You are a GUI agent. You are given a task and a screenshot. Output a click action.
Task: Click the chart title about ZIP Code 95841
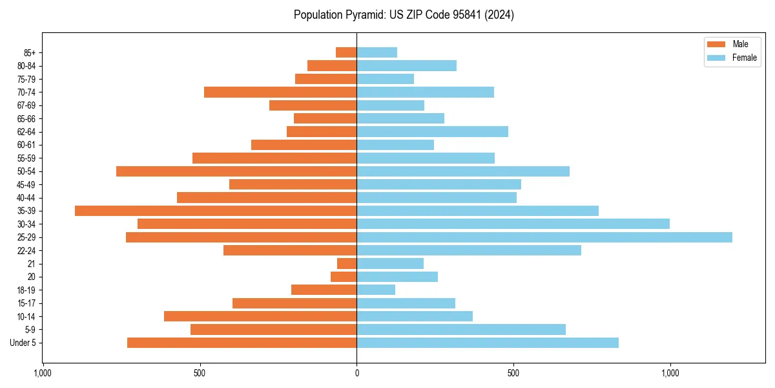coord(404,15)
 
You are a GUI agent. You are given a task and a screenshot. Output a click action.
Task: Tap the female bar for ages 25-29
coord(544,237)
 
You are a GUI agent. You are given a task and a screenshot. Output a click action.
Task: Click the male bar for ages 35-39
coord(216,211)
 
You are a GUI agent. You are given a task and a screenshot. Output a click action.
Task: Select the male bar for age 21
coord(347,264)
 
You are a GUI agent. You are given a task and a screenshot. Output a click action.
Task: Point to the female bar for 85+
coord(377,52)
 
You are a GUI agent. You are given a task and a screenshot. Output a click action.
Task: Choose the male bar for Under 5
coord(242,343)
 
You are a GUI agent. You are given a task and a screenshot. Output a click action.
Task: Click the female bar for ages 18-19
coord(376,290)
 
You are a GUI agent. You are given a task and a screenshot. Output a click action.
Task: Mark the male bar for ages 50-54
coord(236,171)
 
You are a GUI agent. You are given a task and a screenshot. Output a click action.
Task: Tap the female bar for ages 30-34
coord(513,224)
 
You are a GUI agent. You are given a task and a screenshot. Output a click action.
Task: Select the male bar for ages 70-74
coord(280,92)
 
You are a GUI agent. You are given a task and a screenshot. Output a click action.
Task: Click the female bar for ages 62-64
coord(432,131)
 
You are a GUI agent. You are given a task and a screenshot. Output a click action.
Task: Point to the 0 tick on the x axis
coord(356,373)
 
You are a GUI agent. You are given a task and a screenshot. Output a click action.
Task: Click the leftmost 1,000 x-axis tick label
coord(43,373)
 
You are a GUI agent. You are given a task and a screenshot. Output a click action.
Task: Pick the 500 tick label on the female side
coord(513,373)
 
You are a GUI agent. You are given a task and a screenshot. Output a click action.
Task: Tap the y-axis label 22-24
coord(26,250)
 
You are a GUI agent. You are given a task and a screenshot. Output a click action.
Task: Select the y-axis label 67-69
coord(26,105)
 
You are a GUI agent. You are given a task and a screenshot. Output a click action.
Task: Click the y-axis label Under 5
coord(23,343)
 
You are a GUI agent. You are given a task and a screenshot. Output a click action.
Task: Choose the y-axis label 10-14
coord(26,316)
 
